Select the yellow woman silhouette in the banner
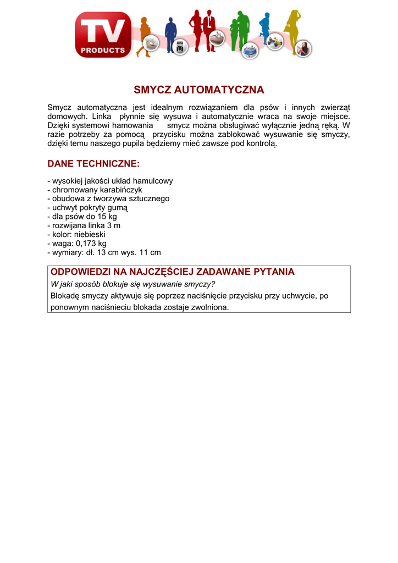[x=291, y=30]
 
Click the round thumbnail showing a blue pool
[x=250, y=50]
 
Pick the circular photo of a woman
[x=303, y=49]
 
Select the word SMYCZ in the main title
[x=152, y=90]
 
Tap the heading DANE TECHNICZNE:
[x=93, y=164]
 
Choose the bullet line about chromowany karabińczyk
[x=95, y=190]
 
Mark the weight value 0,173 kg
[x=91, y=244]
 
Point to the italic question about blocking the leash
[x=132, y=284]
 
